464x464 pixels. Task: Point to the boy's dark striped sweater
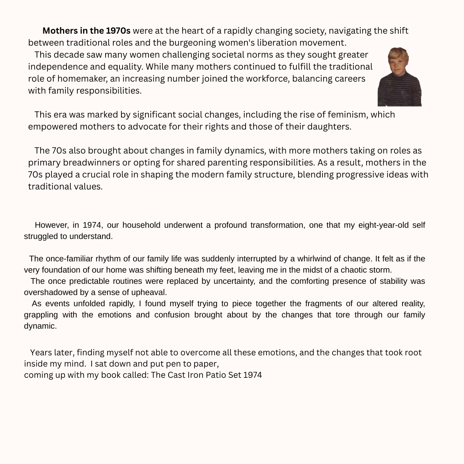click(399, 91)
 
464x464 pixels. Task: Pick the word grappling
click(41, 315)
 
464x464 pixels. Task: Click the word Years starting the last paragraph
click(41, 353)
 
